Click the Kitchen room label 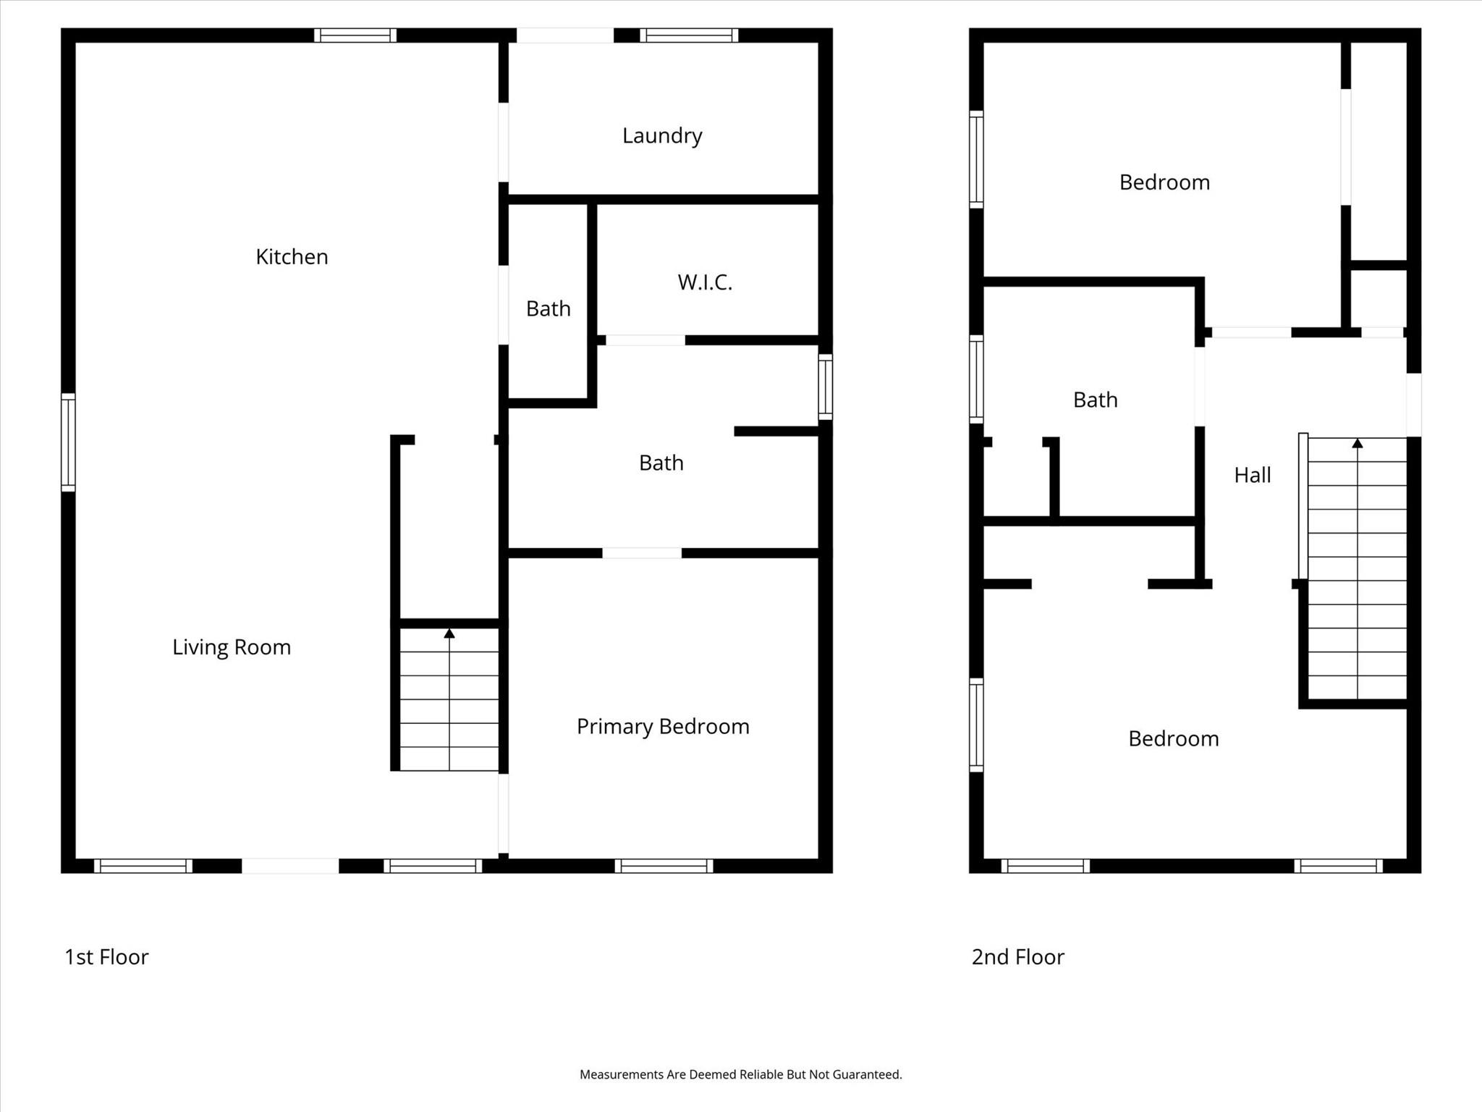(292, 257)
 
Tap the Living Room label (232, 647)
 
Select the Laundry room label (662, 136)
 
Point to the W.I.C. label (705, 282)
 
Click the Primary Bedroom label (663, 727)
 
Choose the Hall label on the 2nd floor (1253, 476)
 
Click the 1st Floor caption (106, 957)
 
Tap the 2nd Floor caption (1017, 957)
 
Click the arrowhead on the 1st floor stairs (449, 633)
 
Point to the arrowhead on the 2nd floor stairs (1358, 443)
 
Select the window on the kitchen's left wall (68, 442)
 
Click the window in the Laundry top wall (689, 35)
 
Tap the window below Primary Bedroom (664, 866)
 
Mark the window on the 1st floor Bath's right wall (825, 387)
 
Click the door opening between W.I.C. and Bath (645, 340)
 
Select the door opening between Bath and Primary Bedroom (642, 553)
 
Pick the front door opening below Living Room (290, 866)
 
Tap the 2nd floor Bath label (1095, 400)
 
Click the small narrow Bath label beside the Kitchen (548, 309)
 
